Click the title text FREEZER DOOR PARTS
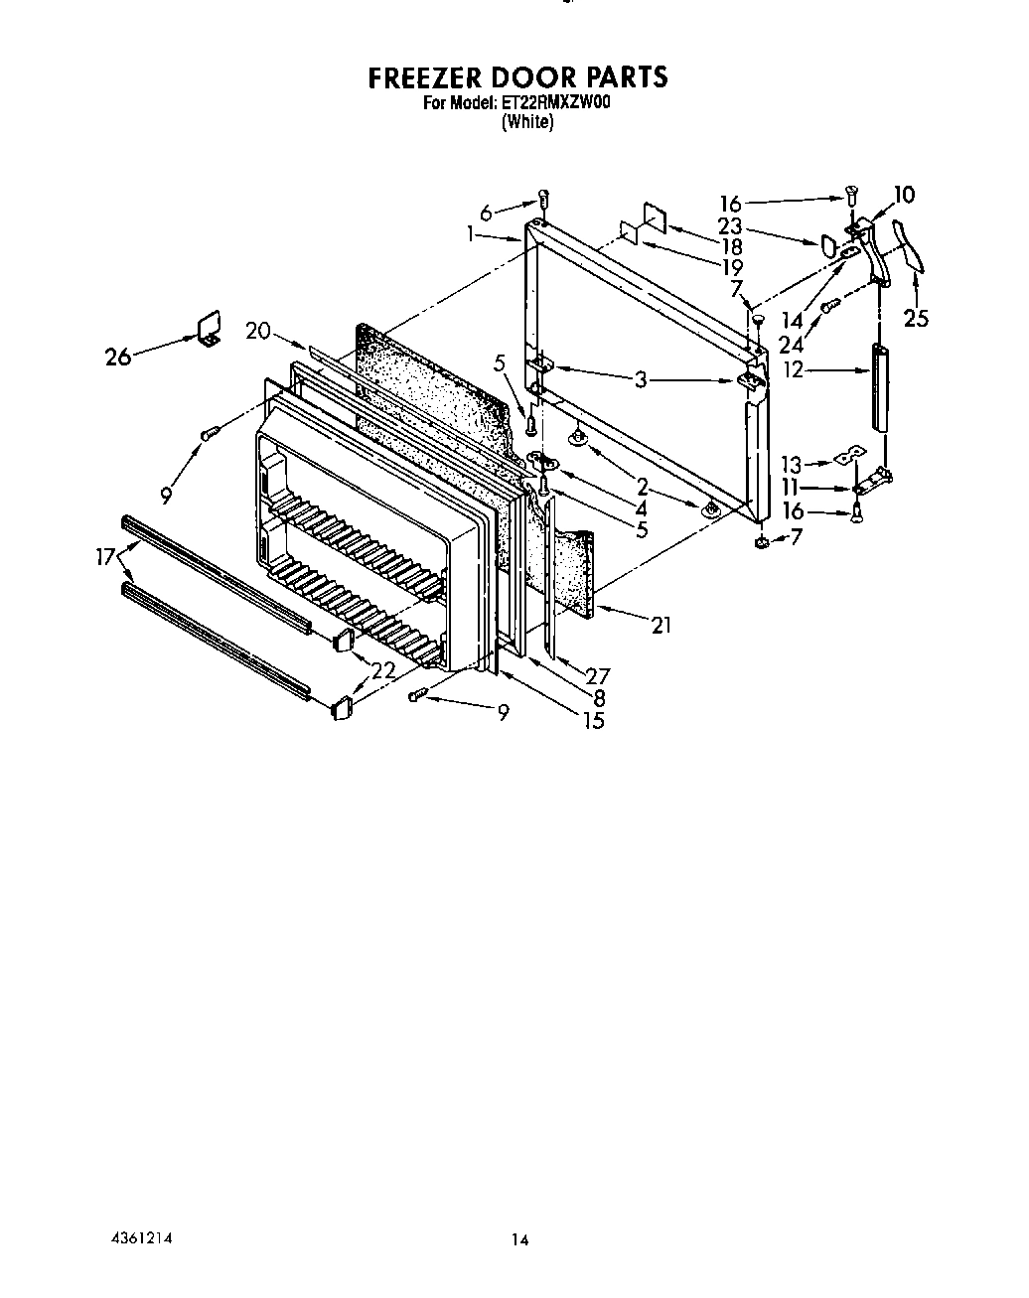517,77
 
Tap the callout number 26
118,356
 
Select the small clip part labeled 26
208,329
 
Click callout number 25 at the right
915,320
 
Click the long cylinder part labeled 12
880,386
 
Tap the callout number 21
661,625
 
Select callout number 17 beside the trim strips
106,557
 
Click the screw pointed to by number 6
544,196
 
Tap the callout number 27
597,676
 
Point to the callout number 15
593,721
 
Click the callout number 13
791,463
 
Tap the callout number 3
642,379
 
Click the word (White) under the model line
526,122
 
